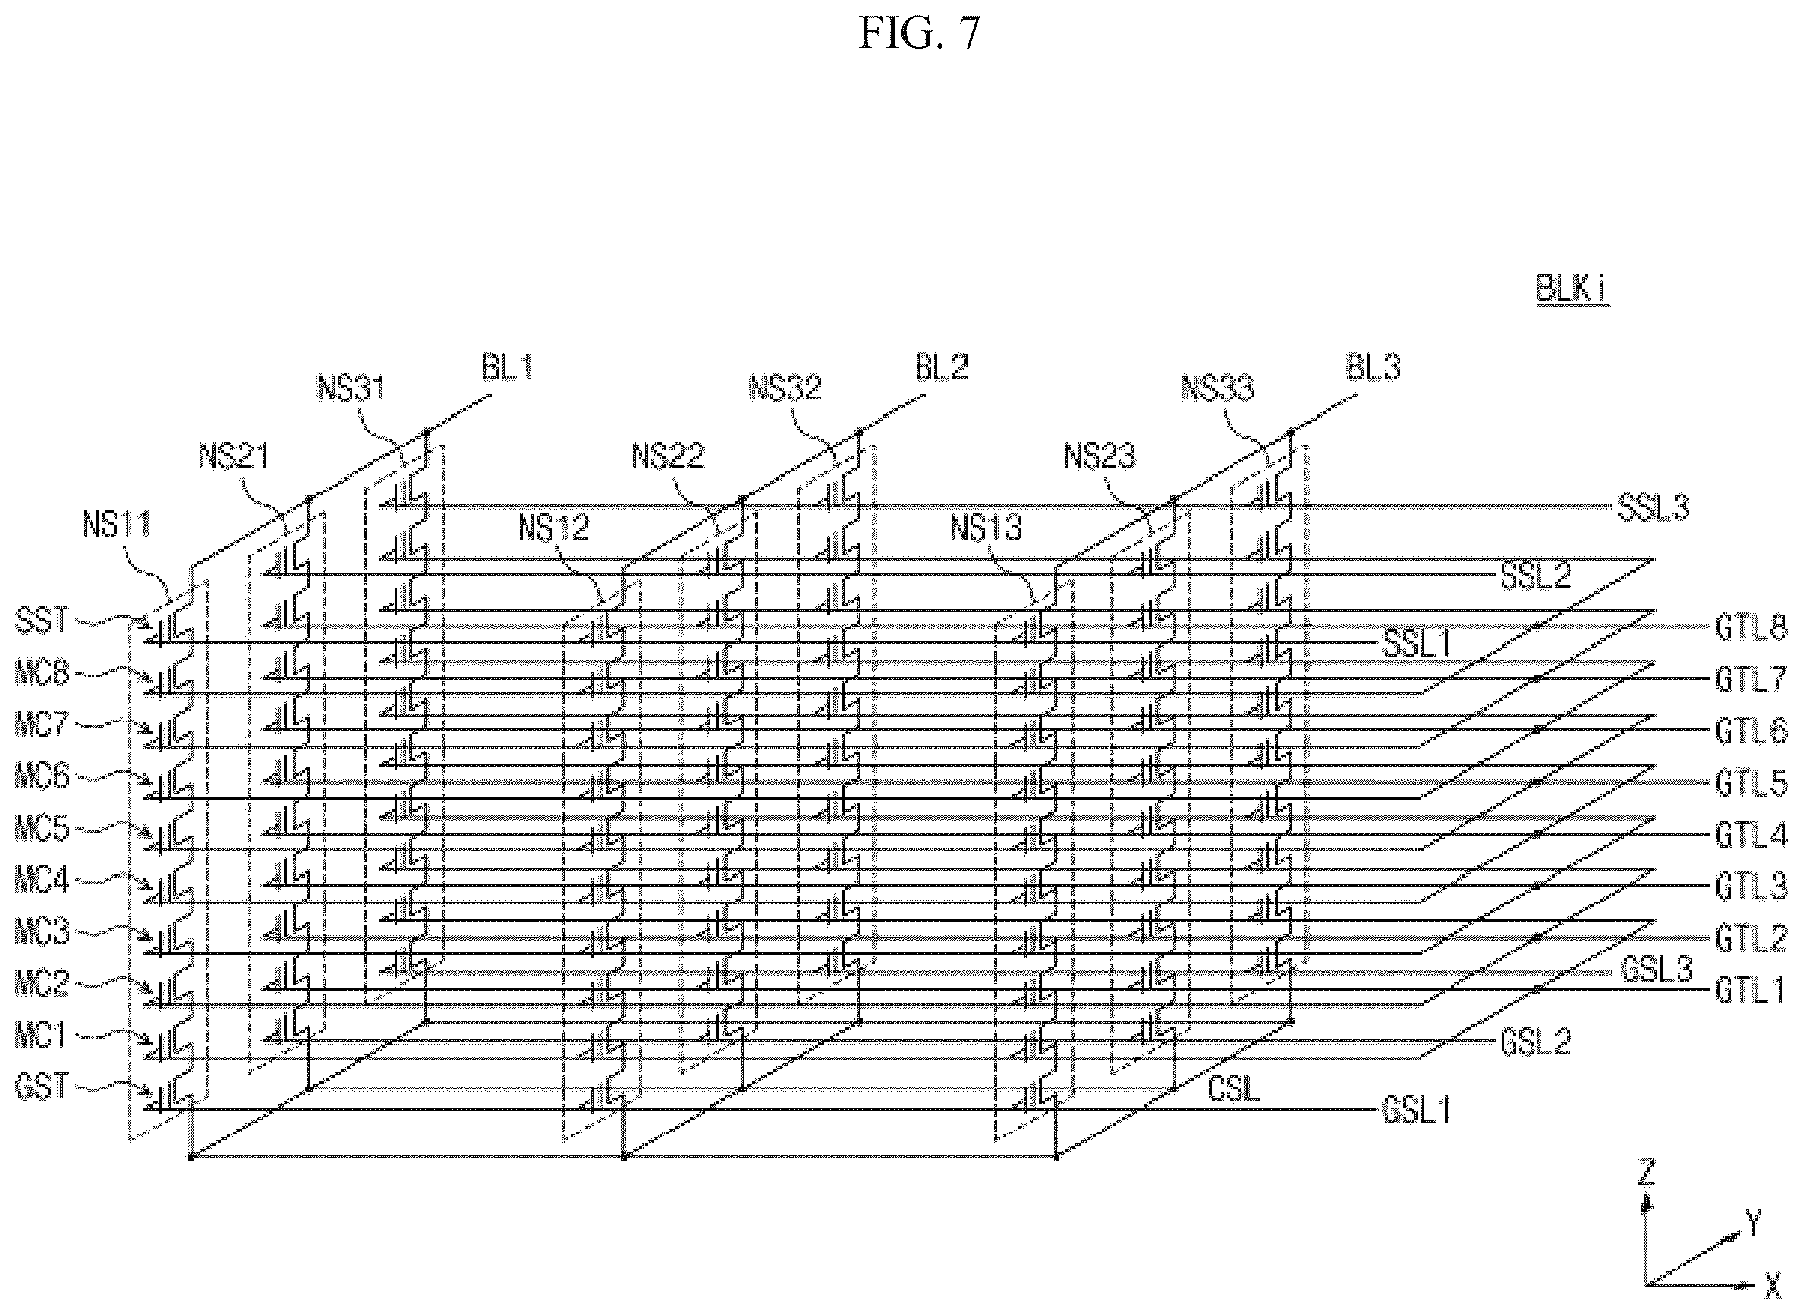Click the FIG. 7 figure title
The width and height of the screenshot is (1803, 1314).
tap(920, 34)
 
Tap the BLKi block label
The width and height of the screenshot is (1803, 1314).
tap(1571, 289)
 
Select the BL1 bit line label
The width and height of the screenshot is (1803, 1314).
tap(507, 368)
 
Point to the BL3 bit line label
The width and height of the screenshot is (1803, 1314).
tap(1373, 368)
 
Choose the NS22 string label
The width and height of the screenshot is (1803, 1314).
tap(668, 457)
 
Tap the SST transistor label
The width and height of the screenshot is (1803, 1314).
tap(42, 621)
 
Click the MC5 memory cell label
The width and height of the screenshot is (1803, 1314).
tap(42, 829)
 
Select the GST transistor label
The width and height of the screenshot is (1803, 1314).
tap(42, 1086)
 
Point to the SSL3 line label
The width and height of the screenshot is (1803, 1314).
tap(1653, 509)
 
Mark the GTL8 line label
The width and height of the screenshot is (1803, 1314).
tap(1751, 627)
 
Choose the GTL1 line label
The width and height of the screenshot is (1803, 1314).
tap(1751, 991)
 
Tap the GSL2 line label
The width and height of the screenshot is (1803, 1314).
tap(1536, 1041)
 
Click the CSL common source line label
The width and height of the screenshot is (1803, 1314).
tap(1234, 1090)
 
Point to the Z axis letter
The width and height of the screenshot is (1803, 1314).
tap(1647, 1172)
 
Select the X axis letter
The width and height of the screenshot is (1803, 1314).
tap(1771, 1302)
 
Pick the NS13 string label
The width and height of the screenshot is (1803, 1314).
tap(986, 528)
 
